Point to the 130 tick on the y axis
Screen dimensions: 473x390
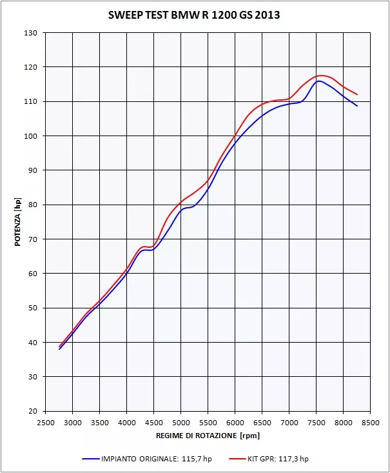click(32, 33)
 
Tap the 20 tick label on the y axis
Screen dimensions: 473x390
click(32, 411)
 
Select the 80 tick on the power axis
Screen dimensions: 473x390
click(32, 205)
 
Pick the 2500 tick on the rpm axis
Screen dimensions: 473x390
click(45, 423)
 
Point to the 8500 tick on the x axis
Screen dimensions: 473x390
click(370, 423)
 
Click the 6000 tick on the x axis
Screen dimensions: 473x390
click(235, 423)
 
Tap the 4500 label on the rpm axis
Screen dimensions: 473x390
click(153, 423)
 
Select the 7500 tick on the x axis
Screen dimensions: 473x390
click(316, 423)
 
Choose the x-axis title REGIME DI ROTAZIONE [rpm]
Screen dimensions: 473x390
click(208, 437)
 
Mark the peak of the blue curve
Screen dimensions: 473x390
click(318, 81)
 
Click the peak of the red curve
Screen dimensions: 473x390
click(321, 75)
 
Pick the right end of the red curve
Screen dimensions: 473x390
click(357, 95)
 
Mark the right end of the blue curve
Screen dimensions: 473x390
click(357, 106)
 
